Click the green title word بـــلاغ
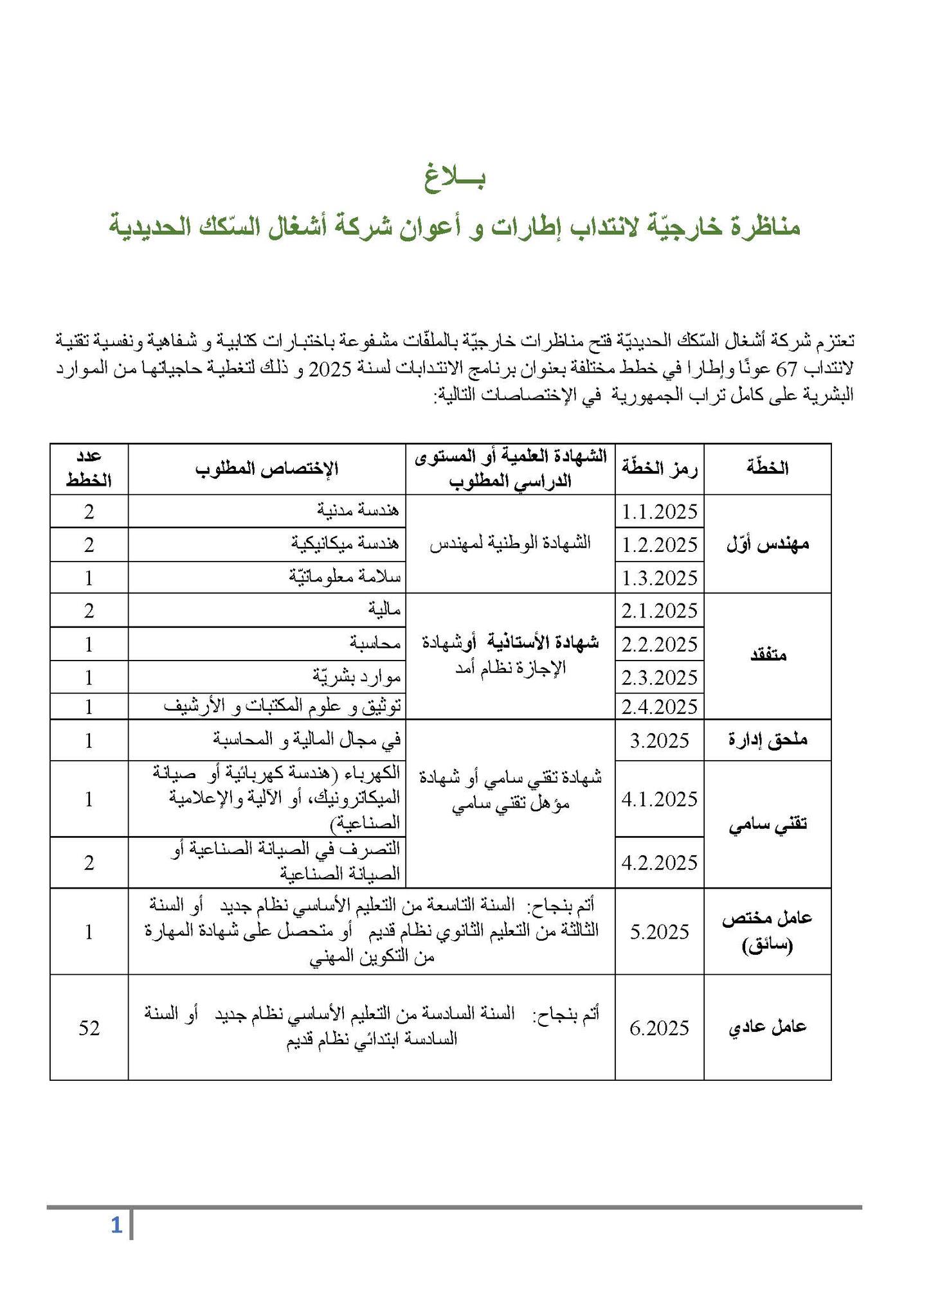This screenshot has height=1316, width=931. pyautogui.click(x=455, y=176)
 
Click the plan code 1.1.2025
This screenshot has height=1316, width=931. pyautogui.click(x=660, y=511)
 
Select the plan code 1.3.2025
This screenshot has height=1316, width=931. pyautogui.click(x=660, y=578)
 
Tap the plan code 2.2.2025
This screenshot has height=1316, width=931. pyautogui.click(x=660, y=644)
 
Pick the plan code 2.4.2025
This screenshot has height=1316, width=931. pyautogui.click(x=660, y=707)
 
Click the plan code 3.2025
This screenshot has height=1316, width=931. pyautogui.click(x=660, y=740)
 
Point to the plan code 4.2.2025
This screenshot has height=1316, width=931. pyautogui.click(x=660, y=862)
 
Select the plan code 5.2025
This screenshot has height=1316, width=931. pyautogui.click(x=660, y=932)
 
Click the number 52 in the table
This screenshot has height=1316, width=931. pyautogui.click(x=89, y=1028)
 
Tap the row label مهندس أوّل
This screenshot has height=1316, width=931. pyautogui.click(x=768, y=544)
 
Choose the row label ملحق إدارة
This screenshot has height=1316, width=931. pyautogui.click(x=768, y=740)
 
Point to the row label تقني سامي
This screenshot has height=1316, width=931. pyautogui.click(x=768, y=825)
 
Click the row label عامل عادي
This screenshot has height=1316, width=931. pyautogui.click(x=768, y=1028)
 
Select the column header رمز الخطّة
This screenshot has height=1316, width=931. pyautogui.click(x=660, y=468)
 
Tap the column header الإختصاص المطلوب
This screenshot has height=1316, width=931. pyautogui.click(x=267, y=468)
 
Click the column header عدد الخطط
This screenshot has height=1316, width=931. pyautogui.click(x=89, y=468)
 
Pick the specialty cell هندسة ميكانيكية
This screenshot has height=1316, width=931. pyautogui.click(x=345, y=544)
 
